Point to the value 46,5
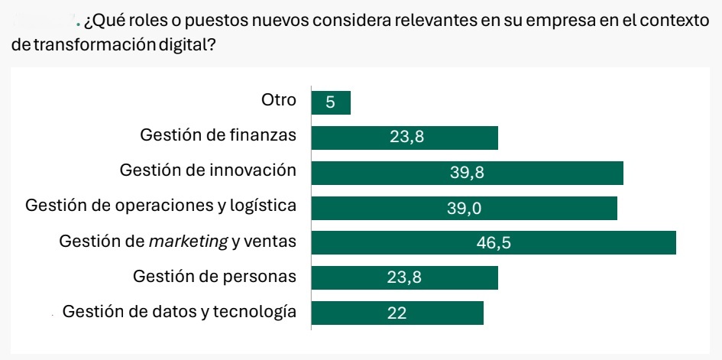click(x=494, y=243)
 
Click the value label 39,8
click(x=467, y=173)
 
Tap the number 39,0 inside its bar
click(x=465, y=208)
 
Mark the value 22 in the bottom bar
click(x=397, y=313)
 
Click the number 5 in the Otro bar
click(x=330, y=102)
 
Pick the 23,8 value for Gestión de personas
click(x=404, y=277)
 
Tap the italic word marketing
click(x=188, y=242)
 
